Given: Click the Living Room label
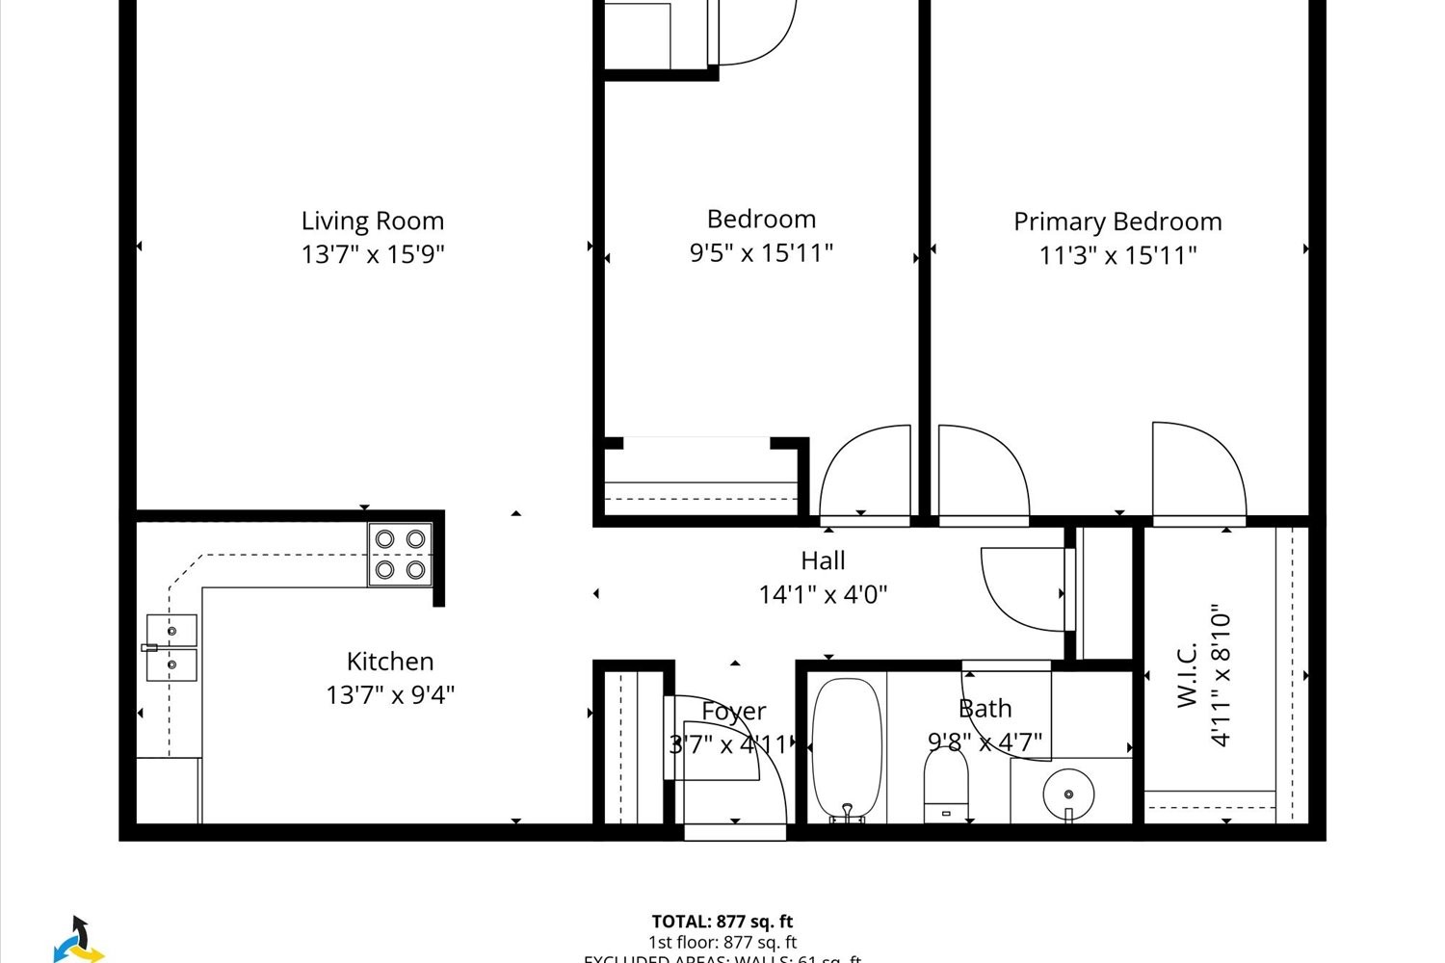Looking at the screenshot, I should (x=373, y=221).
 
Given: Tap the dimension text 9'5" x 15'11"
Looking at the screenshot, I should (x=761, y=252).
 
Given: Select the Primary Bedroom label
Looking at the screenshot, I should (x=1117, y=221).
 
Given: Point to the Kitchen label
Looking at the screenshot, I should (x=390, y=662).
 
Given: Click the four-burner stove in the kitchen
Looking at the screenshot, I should (x=400, y=555).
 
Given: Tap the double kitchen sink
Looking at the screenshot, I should (x=171, y=647).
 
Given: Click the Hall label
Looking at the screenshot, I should (x=823, y=560).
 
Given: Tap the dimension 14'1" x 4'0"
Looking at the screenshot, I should (x=823, y=594).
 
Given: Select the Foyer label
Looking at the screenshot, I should (x=734, y=712).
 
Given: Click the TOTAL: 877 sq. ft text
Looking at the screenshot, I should (x=722, y=922).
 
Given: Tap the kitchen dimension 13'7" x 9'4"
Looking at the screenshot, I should (x=390, y=694).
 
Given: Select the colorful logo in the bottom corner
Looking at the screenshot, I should (x=77, y=940).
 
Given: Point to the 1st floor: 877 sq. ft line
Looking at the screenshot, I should (x=722, y=943).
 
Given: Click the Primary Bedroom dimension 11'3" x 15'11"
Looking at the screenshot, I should (x=1117, y=255).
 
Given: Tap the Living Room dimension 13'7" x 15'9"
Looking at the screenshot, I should (x=373, y=254).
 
